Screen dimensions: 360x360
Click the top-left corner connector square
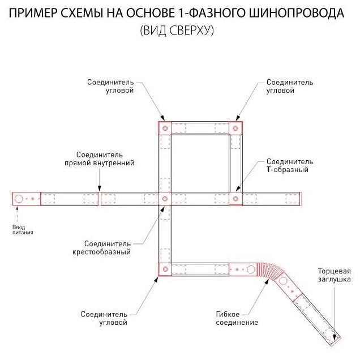[165, 128]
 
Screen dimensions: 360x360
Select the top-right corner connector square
[235, 128]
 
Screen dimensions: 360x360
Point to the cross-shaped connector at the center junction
[165, 199]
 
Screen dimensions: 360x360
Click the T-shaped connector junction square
[235, 199]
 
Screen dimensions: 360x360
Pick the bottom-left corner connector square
[165, 269]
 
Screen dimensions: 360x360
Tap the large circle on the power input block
[19, 199]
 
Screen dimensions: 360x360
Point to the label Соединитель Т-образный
[289, 165]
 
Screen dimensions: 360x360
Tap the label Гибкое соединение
[237, 318]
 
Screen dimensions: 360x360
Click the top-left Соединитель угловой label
[110, 86]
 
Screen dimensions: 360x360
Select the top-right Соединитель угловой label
[289, 86]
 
